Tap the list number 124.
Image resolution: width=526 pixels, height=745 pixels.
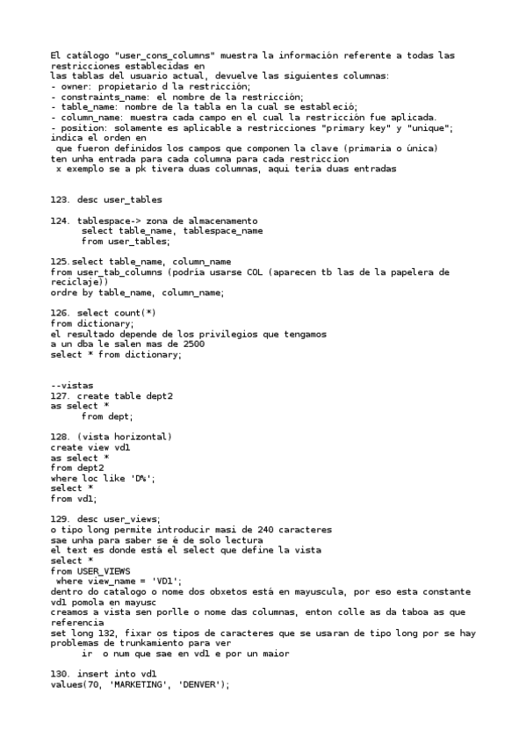pyautogui.click(x=60, y=221)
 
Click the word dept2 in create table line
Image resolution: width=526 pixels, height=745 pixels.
pyautogui.click(x=158, y=396)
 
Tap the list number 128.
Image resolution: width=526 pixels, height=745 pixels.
pyautogui.click(x=60, y=437)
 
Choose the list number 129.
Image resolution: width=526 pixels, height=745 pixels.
pyautogui.click(x=60, y=518)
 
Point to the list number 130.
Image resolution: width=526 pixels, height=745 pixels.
pyautogui.click(x=60, y=674)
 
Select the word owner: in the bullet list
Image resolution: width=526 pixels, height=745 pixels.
pyautogui.click(x=74, y=86)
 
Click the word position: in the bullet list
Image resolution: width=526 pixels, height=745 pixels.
pyautogui.click(x=83, y=127)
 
